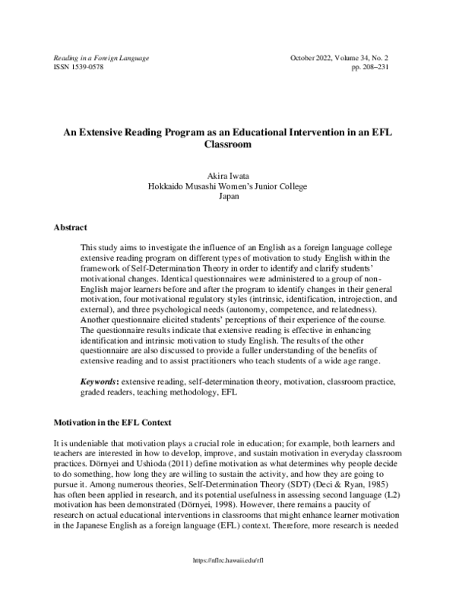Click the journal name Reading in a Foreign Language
click(x=100, y=58)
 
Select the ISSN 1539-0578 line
click(x=78, y=67)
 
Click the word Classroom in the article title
click(x=228, y=142)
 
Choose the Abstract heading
click(x=70, y=227)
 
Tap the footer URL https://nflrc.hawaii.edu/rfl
click(x=228, y=579)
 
